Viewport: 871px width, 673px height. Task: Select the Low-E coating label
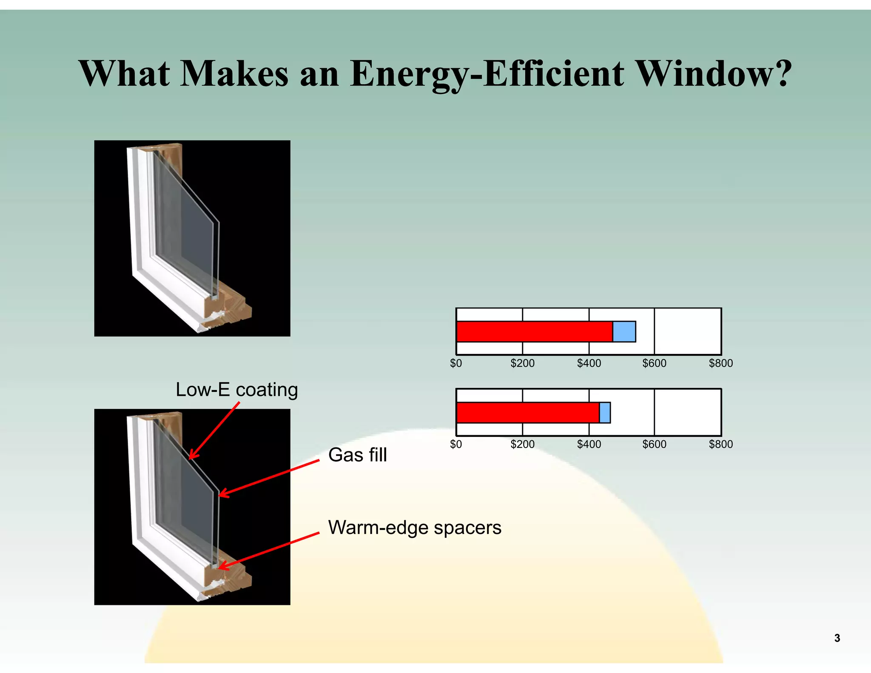[x=236, y=390]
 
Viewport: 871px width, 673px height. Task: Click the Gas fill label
[x=357, y=455]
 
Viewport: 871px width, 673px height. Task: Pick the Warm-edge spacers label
[x=415, y=528]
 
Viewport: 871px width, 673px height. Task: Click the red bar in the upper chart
[x=534, y=332]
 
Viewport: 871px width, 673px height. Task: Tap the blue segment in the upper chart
[x=624, y=332]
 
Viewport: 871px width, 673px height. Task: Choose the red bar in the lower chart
[x=528, y=413]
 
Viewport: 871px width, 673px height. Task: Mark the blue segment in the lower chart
[x=605, y=413]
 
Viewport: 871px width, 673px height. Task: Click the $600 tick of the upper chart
[x=654, y=363]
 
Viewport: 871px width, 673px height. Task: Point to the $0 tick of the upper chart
[x=456, y=363]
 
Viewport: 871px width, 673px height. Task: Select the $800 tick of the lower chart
[x=721, y=444]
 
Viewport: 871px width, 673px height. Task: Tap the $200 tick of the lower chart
[x=522, y=444]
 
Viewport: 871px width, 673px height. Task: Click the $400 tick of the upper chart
[x=589, y=363]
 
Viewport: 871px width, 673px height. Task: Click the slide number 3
[x=837, y=638]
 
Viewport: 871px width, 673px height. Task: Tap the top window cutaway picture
[x=192, y=238]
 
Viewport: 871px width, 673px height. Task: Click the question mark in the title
[x=782, y=73]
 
